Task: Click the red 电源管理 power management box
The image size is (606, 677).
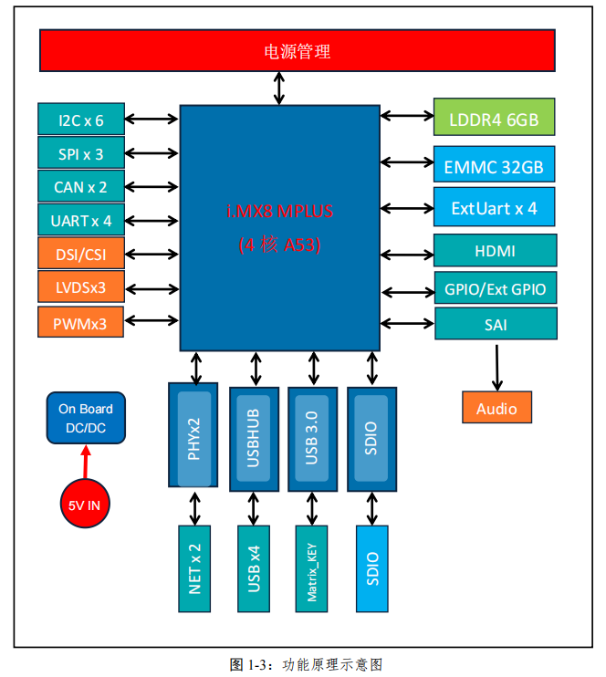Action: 298,50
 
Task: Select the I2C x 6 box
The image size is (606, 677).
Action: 80,120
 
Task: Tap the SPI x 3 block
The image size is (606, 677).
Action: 80,153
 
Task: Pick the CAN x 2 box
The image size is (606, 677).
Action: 80,187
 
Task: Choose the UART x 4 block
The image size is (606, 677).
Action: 80,220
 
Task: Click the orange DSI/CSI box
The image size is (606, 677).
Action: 80,254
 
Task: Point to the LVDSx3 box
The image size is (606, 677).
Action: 80,287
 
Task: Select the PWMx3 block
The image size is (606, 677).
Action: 80,321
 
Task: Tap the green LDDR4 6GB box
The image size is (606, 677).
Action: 494,119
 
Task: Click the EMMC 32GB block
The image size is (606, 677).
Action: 494,167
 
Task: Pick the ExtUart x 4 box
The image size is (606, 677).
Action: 494,208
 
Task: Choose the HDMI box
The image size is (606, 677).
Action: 495,250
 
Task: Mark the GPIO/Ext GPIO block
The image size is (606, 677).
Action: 495,289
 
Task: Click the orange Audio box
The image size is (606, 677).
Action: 496,408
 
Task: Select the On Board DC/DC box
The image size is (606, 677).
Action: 86,419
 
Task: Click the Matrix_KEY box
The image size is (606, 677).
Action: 313,569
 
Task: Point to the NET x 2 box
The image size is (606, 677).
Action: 194,569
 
